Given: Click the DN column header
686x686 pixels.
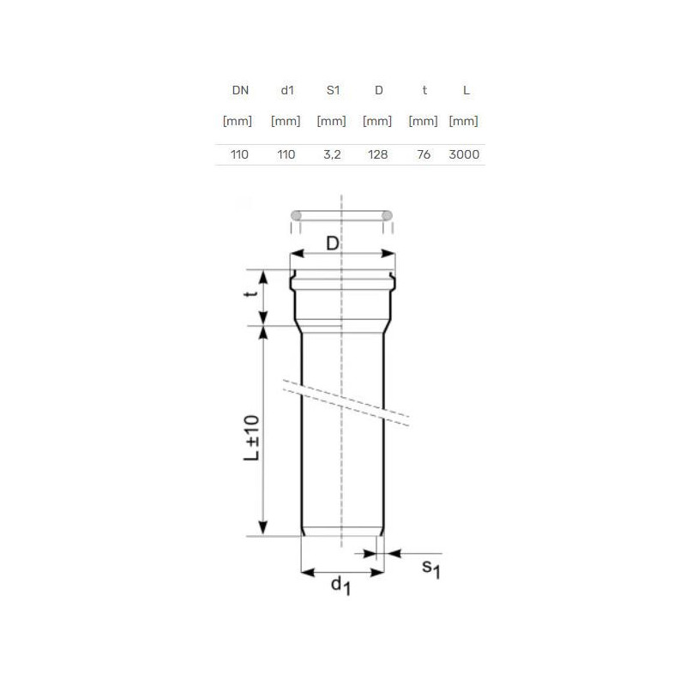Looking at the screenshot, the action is (240, 91).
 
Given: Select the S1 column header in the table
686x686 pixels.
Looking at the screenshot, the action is (333, 91).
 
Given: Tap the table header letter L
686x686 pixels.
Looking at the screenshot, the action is (466, 91).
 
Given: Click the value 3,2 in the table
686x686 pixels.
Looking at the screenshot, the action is (332, 154).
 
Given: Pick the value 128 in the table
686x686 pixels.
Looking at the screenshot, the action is (377, 154).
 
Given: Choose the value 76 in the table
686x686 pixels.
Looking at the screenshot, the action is (424, 154).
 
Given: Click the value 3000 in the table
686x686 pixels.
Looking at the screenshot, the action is (464, 154).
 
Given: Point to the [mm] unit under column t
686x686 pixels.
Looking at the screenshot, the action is (423, 121).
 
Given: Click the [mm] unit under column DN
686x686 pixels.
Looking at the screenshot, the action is (238, 121).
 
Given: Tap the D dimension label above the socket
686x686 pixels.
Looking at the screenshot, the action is (333, 244).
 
